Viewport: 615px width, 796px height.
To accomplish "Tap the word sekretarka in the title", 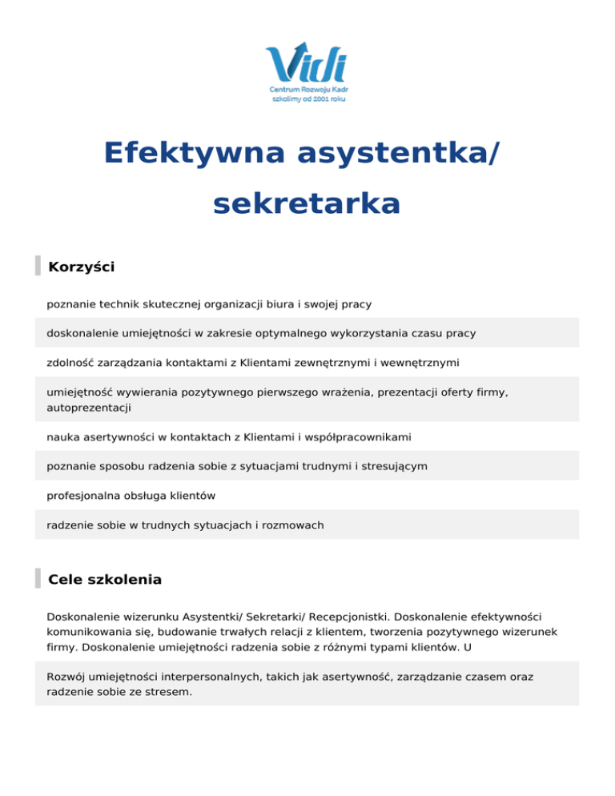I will point(307,204).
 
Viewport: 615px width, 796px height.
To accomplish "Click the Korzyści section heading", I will point(81,267).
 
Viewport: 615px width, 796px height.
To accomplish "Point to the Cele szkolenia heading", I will point(105,579).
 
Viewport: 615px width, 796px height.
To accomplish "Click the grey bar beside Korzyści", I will point(38,266).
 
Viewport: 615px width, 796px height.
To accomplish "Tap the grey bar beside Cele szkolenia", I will point(38,578).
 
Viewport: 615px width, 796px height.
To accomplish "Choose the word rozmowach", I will point(296,525).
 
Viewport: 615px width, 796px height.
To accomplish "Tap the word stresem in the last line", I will point(168,692).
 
